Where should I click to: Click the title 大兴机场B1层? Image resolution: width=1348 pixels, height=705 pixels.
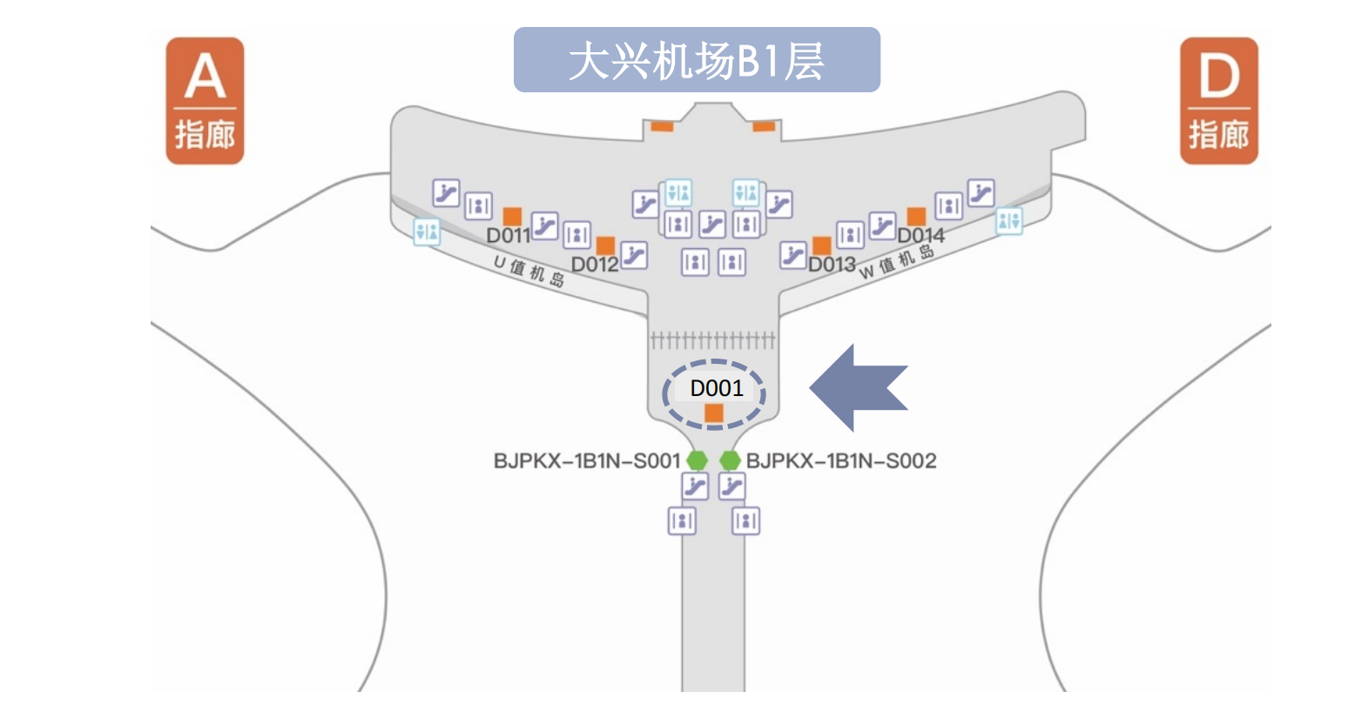pyautogui.click(x=696, y=60)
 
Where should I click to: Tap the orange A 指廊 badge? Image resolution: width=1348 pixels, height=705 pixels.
pyautogui.click(x=205, y=101)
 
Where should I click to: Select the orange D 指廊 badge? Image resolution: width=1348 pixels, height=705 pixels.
pyautogui.click(x=1218, y=101)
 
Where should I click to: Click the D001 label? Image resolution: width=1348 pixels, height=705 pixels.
pyautogui.click(x=716, y=388)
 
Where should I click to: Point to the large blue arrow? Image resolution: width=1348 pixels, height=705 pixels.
pyautogui.click(x=859, y=387)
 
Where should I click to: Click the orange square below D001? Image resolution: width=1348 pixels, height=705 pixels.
pyautogui.click(x=714, y=413)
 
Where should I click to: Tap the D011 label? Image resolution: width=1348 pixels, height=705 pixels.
pyautogui.click(x=508, y=236)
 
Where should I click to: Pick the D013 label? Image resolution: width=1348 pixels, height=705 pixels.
pyautogui.click(x=832, y=265)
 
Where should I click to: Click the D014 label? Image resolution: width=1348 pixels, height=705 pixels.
pyautogui.click(x=920, y=236)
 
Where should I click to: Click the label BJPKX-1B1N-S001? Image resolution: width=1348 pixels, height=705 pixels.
pyautogui.click(x=586, y=461)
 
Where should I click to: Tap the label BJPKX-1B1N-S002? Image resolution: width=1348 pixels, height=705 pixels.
pyautogui.click(x=841, y=461)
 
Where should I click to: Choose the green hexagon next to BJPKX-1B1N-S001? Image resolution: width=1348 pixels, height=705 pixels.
pyautogui.click(x=697, y=460)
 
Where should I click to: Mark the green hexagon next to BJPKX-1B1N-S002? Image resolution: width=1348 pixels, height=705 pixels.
pyautogui.click(x=730, y=460)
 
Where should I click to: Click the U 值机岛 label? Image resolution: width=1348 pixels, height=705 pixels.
pyautogui.click(x=529, y=271)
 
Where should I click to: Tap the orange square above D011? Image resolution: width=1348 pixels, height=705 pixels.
pyautogui.click(x=512, y=216)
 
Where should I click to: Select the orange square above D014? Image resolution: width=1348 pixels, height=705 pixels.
pyautogui.click(x=915, y=216)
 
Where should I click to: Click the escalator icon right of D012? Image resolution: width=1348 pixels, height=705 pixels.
pyautogui.click(x=634, y=256)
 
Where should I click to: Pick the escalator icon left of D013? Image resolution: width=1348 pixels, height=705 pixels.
pyautogui.click(x=792, y=256)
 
